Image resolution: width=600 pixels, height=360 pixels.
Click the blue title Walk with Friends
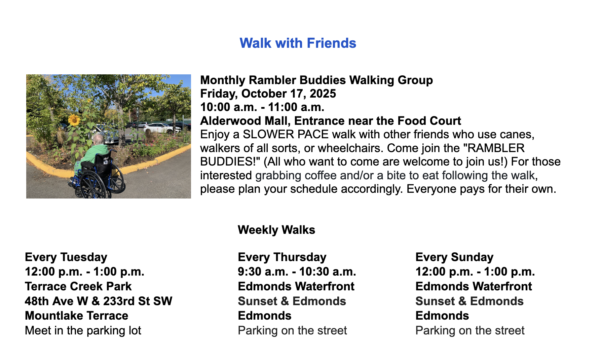(x=298, y=43)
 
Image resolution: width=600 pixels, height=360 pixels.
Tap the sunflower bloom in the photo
(x=74, y=119)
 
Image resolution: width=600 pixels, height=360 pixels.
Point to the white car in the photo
(x=158, y=128)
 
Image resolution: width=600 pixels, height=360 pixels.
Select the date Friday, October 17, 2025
(x=268, y=94)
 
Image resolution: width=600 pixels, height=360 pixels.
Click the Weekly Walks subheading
(x=276, y=230)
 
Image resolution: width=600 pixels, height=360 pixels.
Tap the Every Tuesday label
(x=66, y=257)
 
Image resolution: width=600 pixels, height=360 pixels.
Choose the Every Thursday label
(x=282, y=257)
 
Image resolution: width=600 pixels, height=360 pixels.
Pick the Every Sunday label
(x=454, y=257)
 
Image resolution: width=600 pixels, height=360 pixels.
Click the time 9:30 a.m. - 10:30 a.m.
(x=297, y=272)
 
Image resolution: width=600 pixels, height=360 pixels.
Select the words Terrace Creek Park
(x=78, y=286)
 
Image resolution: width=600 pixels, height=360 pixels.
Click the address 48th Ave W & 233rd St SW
(x=99, y=301)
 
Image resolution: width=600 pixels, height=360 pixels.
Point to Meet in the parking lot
(x=83, y=330)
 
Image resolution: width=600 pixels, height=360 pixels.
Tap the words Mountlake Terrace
(x=77, y=316)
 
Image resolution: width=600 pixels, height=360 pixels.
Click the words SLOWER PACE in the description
(x=286, y=135)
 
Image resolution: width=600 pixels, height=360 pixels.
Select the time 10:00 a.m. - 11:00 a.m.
(x=262, y=107)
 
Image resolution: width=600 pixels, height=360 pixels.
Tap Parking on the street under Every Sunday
(x=470, y=330)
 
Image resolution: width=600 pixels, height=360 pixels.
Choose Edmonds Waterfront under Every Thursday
(x=296, y=286)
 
